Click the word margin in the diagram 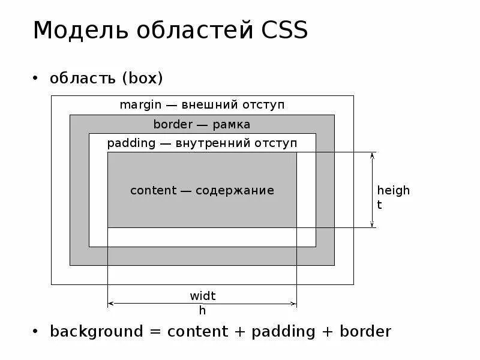click(140, 105)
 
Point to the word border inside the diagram click(172, 124)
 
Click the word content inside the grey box click(153, 191)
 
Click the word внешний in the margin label click(209, 105)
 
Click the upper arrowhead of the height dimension click(373, 155)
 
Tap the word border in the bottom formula click(365, 331)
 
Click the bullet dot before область click(38, 79)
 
